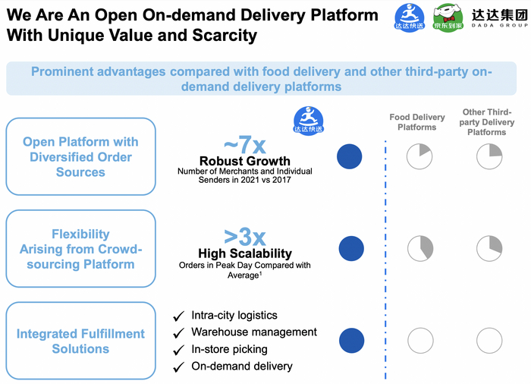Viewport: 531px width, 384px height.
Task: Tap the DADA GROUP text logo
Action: [x=498, y=17]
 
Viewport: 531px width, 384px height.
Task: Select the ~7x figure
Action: [x=245, y=144]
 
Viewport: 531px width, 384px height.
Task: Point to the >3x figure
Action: [x=244, y=237]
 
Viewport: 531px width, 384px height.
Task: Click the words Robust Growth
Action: [x=245, y=161]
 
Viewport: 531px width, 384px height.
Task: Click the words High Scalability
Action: [x=245, y=253]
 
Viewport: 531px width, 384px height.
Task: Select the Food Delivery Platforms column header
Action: [x=417, y=122]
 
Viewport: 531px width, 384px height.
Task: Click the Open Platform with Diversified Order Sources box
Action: [x=80, y=157]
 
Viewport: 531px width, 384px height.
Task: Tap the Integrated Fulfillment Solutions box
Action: [x=80, y=342]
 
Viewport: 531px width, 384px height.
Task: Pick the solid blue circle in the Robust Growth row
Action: [x=350, y=156]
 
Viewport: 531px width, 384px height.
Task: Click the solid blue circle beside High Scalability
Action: [x=350, y=248]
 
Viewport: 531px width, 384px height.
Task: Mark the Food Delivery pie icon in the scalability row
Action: [x=420, y=248]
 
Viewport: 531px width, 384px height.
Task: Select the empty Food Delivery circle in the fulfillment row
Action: [x=420, y=341]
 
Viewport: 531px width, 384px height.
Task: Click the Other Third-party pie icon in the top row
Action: [x=489, y=156]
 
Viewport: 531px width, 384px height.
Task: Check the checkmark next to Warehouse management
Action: [x=179, y=333]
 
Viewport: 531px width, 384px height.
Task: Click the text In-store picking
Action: [x=229, y=349]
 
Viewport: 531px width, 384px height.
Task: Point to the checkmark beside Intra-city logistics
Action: [x=179, y=316]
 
